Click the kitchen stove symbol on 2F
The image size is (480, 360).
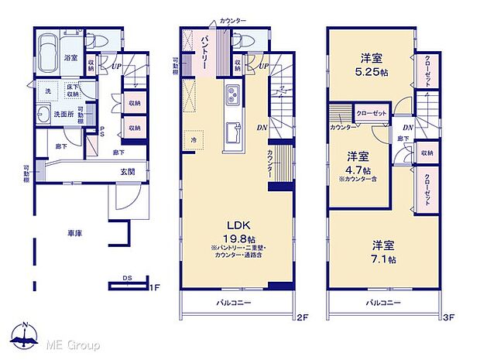(233, 97)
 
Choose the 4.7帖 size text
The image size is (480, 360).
(358, 170)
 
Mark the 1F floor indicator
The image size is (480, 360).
(155, 288)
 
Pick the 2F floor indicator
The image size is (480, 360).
(302, 316)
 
